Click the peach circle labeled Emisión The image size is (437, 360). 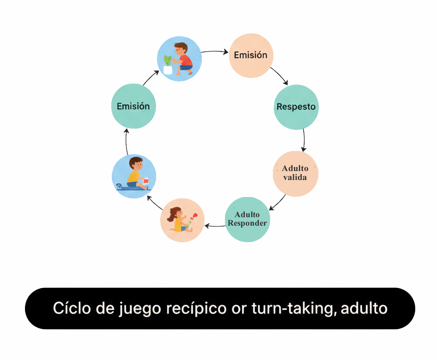(251, 56)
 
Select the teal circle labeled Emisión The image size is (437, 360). (133, 106)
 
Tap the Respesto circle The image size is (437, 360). (296, 107)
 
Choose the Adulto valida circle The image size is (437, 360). (295, 173)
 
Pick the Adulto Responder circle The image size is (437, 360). (247, 219)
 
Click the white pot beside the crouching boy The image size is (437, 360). (168, 70)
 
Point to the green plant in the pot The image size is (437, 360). (168, 60)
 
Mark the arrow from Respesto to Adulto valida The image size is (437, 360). (304, 141)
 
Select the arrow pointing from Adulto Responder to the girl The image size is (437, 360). (214, 226)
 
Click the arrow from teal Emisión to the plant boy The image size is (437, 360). (150, 78)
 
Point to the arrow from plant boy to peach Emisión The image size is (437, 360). (215, 52)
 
